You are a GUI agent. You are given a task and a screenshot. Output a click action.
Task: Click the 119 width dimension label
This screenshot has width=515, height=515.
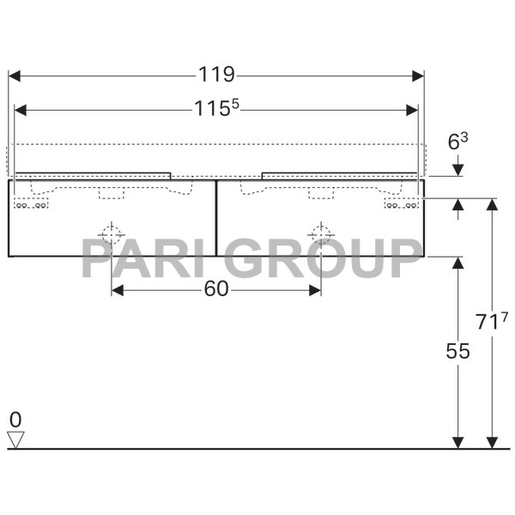(x=216, y=75)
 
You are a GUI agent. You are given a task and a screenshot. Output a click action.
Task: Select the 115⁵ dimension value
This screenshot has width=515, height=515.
(x=215, y=108)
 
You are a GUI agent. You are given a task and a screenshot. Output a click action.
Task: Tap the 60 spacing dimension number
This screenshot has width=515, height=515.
(x=216, y=290)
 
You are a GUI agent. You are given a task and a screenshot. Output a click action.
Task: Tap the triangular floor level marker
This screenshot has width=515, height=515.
(x=15, y=439)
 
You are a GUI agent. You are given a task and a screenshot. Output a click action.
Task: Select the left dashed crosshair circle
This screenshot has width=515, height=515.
(x=112, y=233)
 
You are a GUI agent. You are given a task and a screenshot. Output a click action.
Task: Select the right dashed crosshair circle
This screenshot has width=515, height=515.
(x=321, y=233)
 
